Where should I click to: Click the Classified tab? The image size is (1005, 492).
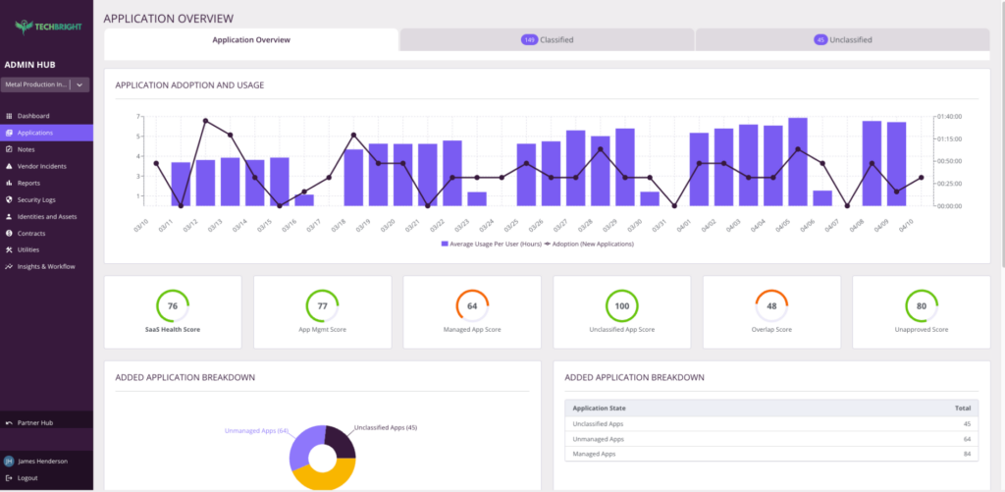point(547,40)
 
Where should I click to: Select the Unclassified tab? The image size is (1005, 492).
point(842,40)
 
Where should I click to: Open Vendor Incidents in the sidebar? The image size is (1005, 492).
point(41,166)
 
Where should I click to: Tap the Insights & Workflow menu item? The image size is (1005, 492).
point(45,266)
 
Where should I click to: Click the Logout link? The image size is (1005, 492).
point(27,477)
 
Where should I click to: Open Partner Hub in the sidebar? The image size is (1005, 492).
point(35,422)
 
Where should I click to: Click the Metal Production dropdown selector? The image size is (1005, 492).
point(46,84)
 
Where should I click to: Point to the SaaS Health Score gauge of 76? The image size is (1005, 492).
point(172,305)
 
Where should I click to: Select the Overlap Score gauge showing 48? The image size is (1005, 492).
point(770,305)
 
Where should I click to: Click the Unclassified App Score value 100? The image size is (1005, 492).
point(621,305)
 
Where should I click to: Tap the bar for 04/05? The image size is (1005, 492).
point(798,162)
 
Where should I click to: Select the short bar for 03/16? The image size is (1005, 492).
point(304,199)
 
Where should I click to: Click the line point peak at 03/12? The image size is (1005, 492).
point(205,121)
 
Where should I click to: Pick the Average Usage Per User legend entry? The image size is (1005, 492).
point(491,244)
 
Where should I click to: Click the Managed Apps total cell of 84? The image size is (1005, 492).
point(967,454)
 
